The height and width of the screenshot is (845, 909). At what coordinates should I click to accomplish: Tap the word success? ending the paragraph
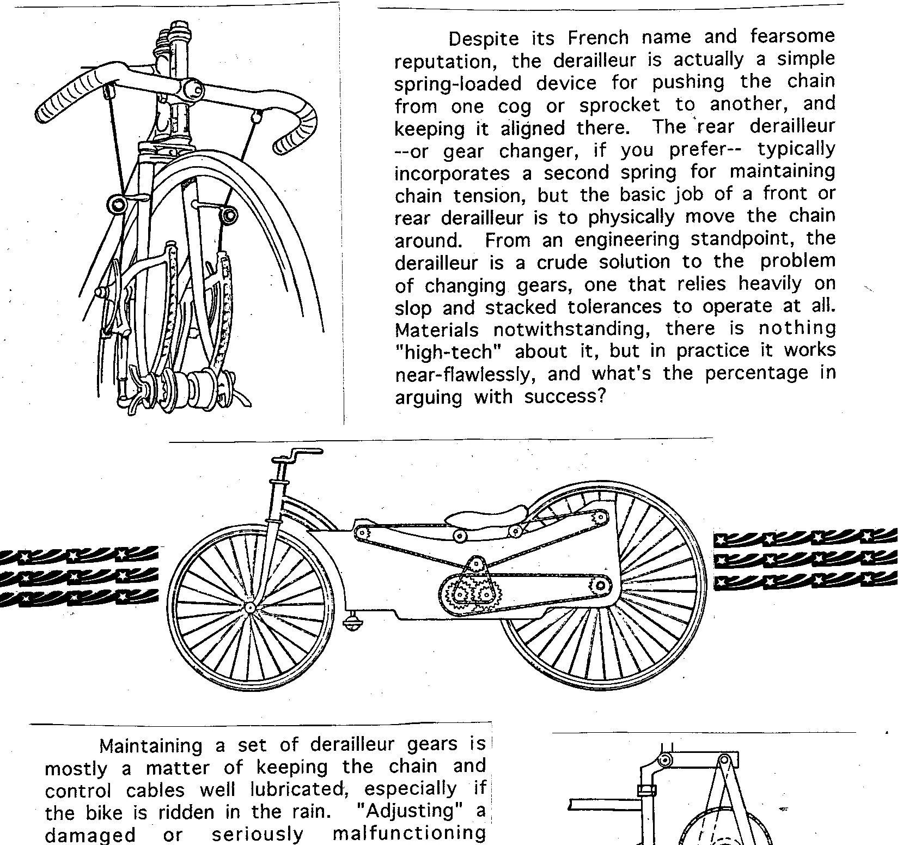click(565, 397)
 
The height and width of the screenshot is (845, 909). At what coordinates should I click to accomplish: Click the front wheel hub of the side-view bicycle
click(250, 607)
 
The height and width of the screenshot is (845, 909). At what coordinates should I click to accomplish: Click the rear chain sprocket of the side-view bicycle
click(600, 586)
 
